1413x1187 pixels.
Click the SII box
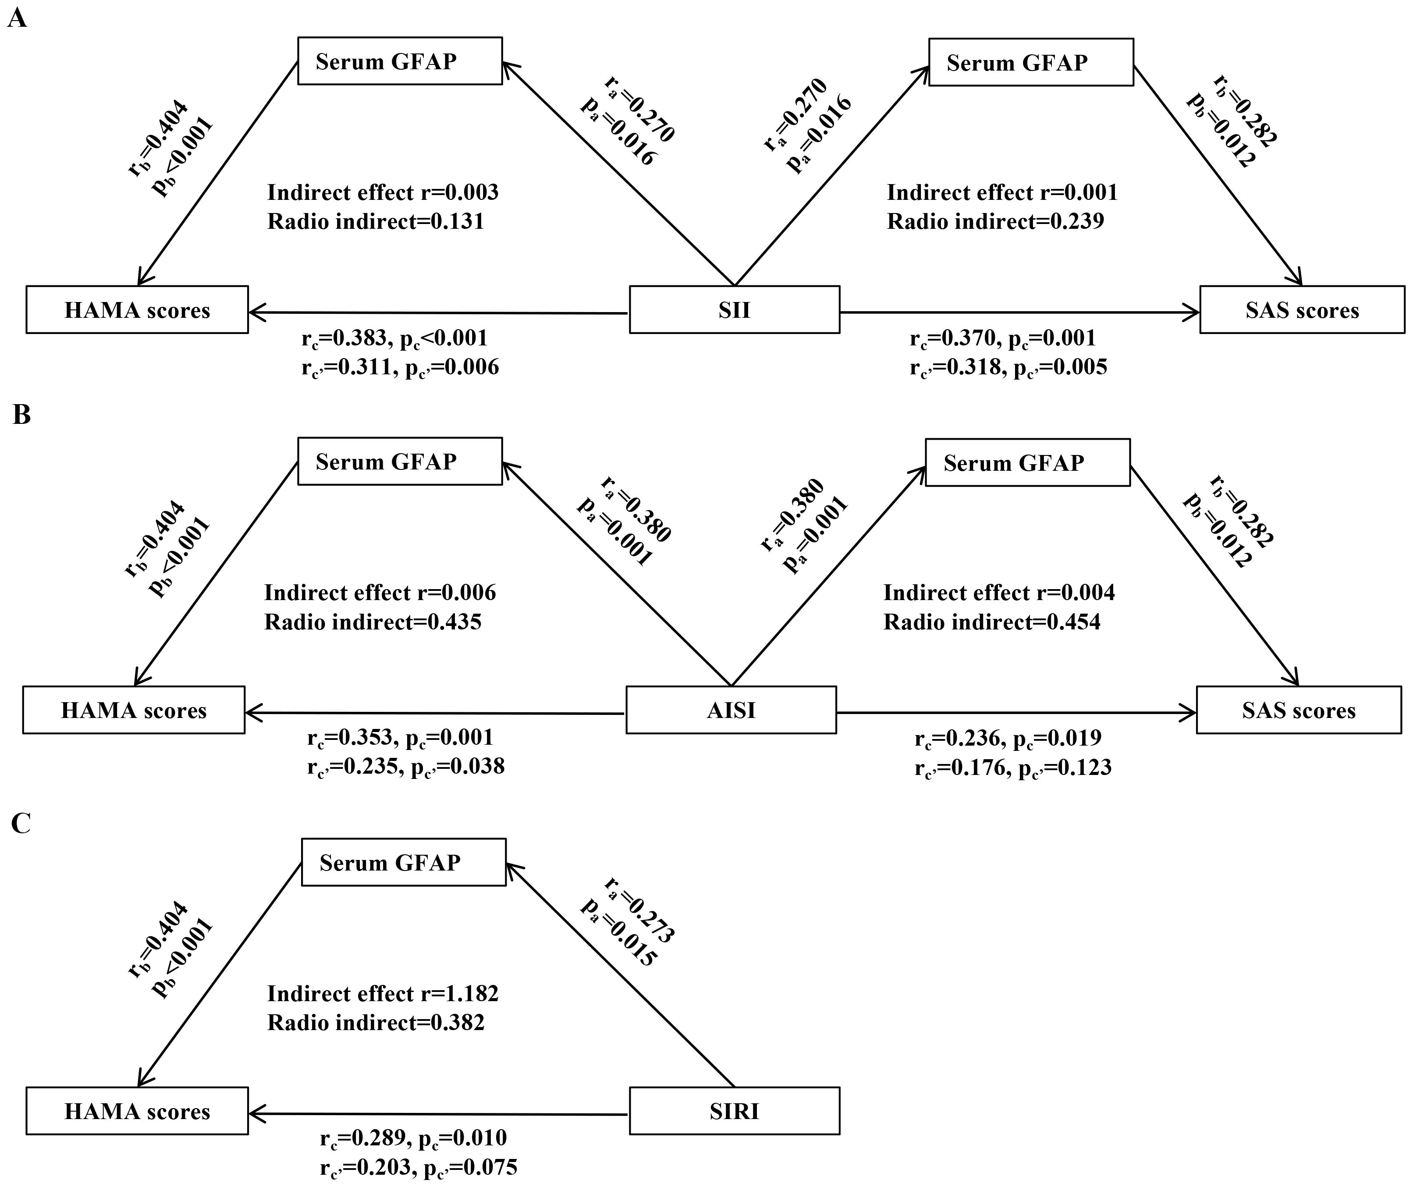pyautogui.click(x=734, y=309)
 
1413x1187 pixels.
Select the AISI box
pyautogui.click(x=731, y=710)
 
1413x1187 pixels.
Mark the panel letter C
pyautogui.click(x=21, y=823)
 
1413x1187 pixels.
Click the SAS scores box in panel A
pyautogui.click(x=1302, y=309)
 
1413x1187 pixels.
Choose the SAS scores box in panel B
pyautogui.click(x=1299, y=710)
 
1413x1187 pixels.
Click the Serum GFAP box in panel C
pyautogui.click(x=403, y=862)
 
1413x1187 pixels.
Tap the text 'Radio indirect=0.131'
pyautogui.click(x=376, y=221)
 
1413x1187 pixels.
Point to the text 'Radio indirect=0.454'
pyautogui.click(x=992, y=622)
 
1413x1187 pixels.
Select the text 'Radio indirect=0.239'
pyautogui.click(x=995, y=221)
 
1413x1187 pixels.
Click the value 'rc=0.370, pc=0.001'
pyautogui.click(x=1003, y=338)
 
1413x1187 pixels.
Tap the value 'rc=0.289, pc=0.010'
pyautogui.click(x=413, y=1138)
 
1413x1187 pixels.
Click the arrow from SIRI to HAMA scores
pyautogui.click(x=437, y=1114)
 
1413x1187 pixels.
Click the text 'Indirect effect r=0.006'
pyautogui.click(x=380, y=593)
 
